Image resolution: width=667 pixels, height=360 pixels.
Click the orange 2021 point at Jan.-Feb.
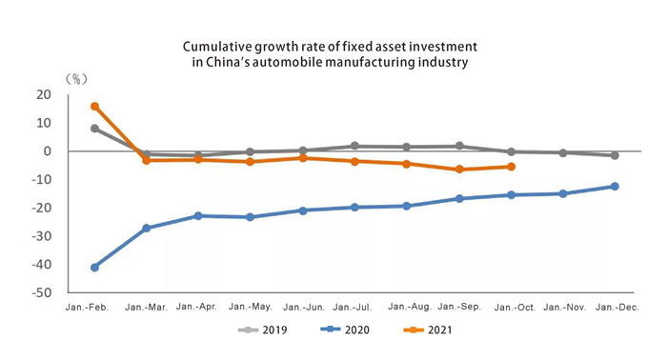[x=94, y=106]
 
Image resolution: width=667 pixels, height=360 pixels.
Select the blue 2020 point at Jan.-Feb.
[x=94, y=268]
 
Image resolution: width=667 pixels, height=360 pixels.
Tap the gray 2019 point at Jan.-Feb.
[x=94, y=129]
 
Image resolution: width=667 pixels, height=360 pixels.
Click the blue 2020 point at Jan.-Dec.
[x=615, y=187]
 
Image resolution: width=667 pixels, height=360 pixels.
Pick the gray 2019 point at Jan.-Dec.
[x=615, y=155]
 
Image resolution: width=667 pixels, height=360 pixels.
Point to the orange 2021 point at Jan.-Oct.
[x=511, y=167]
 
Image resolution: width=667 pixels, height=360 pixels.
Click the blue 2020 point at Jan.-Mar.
[x=147, y=229]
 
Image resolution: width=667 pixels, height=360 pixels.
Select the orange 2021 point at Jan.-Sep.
[x=459, y=170]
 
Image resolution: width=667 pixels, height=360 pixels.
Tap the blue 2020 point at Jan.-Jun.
[x=303, y=210]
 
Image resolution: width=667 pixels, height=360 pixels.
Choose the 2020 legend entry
[x=344, y=330]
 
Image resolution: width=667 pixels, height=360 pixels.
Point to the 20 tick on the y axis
[x=44, y=94]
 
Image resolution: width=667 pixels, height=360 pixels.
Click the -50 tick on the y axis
[x=42, y=293]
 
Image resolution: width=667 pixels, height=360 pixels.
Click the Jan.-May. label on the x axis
[x=251, y=307]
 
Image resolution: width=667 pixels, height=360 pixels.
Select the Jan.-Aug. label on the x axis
[x=407, y=307]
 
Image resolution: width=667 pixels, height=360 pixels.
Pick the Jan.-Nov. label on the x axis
[x=563, y=307]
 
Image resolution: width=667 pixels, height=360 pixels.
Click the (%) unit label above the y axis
[x=75, y=78]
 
